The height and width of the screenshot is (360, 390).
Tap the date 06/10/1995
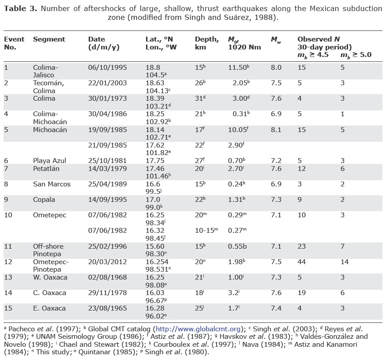coord(108,68)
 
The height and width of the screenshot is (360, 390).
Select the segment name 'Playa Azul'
coord(49,160)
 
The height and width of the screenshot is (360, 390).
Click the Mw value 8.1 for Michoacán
coord(276,130)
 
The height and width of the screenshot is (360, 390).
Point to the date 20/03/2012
coord(108,262)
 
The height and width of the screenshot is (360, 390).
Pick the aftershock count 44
coord(302,262)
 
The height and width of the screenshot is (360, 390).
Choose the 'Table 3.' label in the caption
coord(20,8)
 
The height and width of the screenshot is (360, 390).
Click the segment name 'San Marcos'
coord(52,184)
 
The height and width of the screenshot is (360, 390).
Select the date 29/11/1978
coord(108,293)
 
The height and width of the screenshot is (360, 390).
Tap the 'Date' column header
coord(97,39)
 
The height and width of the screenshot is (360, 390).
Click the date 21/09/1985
coord(108,145)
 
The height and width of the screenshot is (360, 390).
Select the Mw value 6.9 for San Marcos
coord(276,184)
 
